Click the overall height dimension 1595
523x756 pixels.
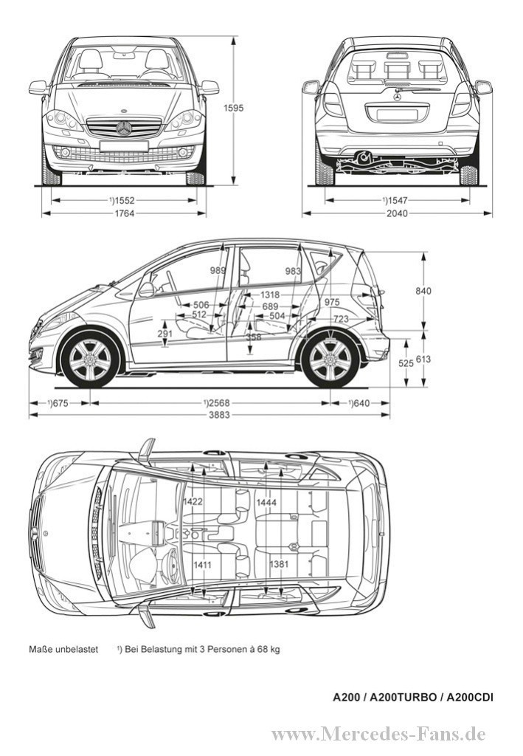point(234,107)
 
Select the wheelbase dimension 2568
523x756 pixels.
point(215,402)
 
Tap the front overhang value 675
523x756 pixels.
point(58,402)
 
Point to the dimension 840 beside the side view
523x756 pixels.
point(423,291)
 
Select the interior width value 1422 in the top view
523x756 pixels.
point(193,502)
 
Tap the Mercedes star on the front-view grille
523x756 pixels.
point(124,128)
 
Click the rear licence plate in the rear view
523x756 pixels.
point(397,114)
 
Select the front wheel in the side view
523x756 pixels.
point(90,360)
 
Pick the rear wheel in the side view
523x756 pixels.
point(330,360)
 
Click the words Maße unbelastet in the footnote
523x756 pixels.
point(63,650)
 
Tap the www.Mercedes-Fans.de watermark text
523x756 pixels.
point(378,734)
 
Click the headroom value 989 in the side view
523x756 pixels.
point(218,271)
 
